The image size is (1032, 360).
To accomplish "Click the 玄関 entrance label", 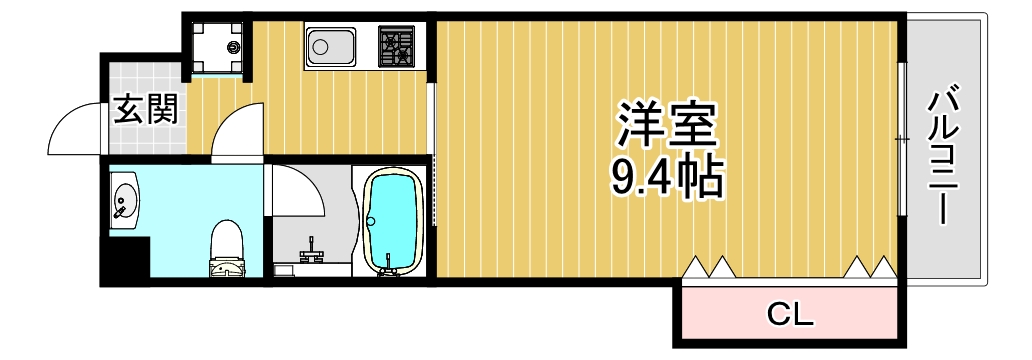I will point(144,109).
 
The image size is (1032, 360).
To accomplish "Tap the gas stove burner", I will point(398,46).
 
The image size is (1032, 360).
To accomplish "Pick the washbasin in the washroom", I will point(126,199).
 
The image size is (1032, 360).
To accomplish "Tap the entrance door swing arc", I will point(75,130).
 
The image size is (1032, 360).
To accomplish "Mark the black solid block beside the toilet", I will point(128,262).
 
